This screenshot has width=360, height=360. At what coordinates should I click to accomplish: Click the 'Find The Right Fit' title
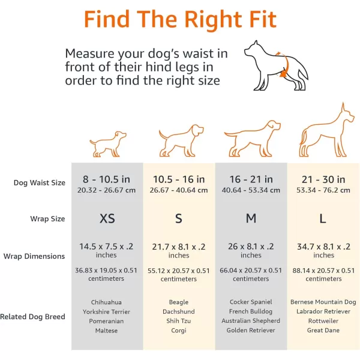pyautogui.click(x=180, y=20)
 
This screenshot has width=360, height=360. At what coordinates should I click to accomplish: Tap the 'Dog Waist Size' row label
pyautogui.click(x=40, y=183)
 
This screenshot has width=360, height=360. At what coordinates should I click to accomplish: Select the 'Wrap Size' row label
pyautogui.click(x=47, y=219)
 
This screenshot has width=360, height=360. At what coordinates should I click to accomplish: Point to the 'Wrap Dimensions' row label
pyautogui.click(x=34, y=256)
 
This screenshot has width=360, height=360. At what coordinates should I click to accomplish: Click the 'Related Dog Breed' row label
pyautogui.click(x=32, y=317)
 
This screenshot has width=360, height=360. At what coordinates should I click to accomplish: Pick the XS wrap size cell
pyautogui.click(x=107, y=218)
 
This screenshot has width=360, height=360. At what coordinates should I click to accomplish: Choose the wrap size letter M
pyautogui.click(x=251, y=218)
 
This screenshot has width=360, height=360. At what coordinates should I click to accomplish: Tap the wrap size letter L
pyautogui.click(x=323, y=218)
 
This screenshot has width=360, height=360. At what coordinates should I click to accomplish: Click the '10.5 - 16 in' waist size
pyautogui.click(x=179, y=179)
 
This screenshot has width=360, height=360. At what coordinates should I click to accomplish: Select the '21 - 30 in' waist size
pyautogui.click(x=323, y=179)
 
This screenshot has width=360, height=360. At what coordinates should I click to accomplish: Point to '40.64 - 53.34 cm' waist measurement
pyautogui.click(x=251, y=190)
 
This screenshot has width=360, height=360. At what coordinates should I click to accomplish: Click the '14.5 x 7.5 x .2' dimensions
pyautogui.click(x=106, y=247)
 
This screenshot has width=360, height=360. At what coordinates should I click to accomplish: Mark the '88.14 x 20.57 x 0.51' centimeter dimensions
pyautogui.click(x=323, y=271)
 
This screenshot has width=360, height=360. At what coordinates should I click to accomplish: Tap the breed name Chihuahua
pyautogui.click(x=106, y=302)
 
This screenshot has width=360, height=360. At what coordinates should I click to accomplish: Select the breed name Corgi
pyautogui.click(x=179, y=331)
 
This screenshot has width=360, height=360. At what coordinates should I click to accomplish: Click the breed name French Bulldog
pyautogui.click(x=251, y=311)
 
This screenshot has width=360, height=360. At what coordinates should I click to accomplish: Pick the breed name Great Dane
pyautogui.click(x=323, y=331)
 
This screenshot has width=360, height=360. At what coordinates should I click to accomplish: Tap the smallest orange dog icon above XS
pyautogui.click(x=108, y=144)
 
